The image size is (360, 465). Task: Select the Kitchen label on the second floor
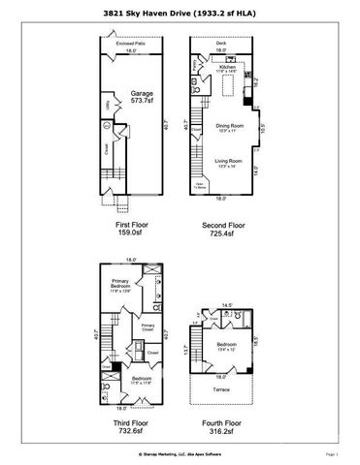[227, 67]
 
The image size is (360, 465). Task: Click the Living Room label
[227, 164]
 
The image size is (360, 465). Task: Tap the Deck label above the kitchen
[221, 44]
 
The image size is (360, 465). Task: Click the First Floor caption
[131, 223]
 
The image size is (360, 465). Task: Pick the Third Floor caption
[131, 424]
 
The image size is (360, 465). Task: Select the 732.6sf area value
[131, 435]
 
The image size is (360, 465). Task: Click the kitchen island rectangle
[231, 88]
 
